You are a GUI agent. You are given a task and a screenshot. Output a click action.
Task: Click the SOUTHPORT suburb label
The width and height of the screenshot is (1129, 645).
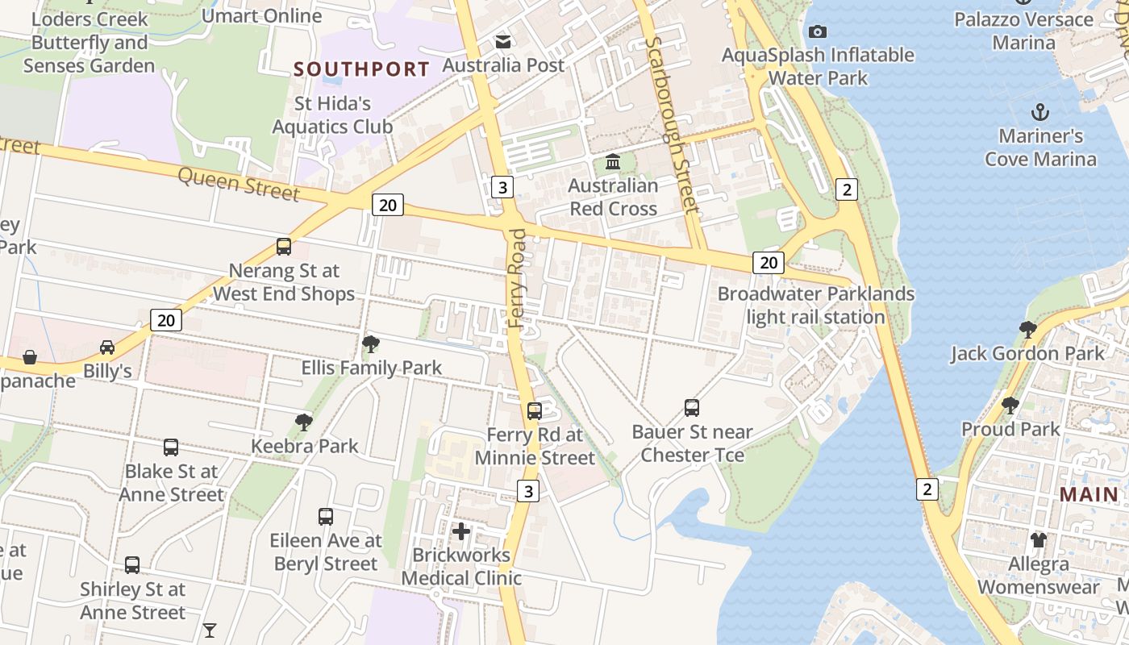tap(361, 69)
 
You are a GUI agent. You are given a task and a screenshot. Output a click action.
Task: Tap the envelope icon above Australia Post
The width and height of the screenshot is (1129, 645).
tap(503, 41)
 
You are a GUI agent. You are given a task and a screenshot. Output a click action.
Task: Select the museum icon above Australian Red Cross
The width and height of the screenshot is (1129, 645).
tap(613, 162)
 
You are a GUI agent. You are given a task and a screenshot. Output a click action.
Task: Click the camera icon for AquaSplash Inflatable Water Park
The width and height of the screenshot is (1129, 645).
tap(818, 31)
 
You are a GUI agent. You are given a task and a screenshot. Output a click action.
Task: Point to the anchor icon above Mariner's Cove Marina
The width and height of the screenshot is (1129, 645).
tap(1040, 112)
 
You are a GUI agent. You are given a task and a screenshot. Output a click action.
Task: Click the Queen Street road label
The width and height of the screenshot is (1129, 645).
tap(238, 184)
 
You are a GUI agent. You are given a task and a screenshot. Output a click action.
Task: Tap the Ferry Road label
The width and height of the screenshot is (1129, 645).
tap(517, 278)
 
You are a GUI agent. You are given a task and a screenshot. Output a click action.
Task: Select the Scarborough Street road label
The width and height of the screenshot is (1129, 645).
tap(671, 125)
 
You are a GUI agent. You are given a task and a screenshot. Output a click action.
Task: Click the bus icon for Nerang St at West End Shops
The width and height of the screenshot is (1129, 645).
tap(284, 247)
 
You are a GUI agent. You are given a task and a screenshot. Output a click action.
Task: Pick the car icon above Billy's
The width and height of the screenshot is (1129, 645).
tap(106, 347)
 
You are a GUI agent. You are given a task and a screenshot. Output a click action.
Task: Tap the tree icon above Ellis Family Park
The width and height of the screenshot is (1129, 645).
tap(371, 344)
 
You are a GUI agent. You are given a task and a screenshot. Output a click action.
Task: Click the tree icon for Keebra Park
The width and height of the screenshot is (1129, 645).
tap(304, 422)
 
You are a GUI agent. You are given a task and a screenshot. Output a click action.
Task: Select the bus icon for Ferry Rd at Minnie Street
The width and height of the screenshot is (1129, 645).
tap(534, 411)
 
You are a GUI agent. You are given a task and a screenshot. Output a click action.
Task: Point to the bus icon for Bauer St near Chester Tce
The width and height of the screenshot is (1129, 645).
tap(692, 407)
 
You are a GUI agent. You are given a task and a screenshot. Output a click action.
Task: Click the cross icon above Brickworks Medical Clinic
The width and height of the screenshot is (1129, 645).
tap(461, 531)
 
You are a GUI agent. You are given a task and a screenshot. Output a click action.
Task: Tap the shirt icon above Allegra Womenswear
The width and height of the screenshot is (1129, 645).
tap(1037, 539)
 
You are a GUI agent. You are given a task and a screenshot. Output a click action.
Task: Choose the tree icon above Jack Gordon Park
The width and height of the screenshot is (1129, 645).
tap(1027, 329)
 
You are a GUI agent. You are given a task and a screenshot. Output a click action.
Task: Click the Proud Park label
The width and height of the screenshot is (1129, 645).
tap(1010, 429)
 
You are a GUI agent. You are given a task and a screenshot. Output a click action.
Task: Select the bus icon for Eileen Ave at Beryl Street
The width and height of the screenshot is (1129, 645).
tap(326, 516)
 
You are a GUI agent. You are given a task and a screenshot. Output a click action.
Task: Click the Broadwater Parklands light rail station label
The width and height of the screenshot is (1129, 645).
tap(816, 306)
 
